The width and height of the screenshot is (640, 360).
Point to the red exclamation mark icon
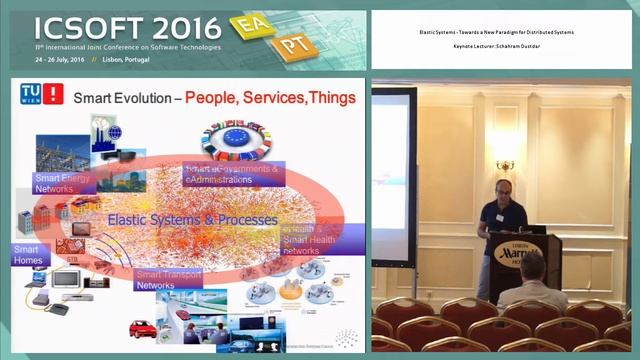tap(54, 94)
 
